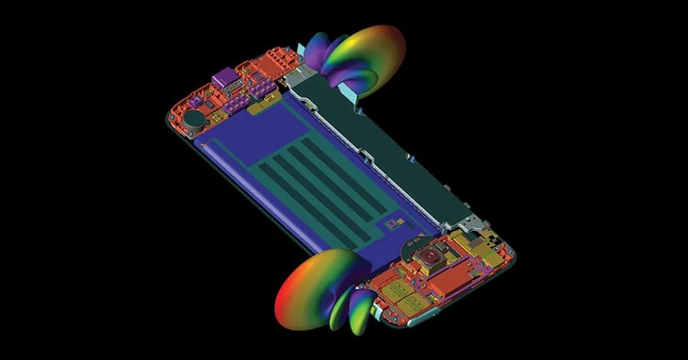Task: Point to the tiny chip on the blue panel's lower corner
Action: click(x=385, y=224)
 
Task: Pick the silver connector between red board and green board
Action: click(x=294, y=77)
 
